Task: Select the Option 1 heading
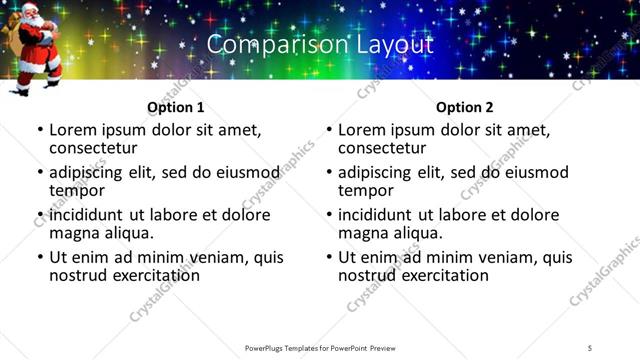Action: (176, 107)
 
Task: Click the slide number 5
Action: (590, 347)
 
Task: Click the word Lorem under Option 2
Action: (362, 130)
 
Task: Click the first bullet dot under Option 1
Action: (40, 131)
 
